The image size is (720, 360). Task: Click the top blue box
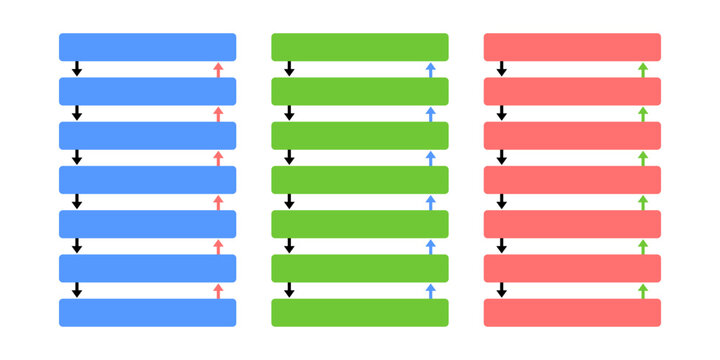[x=147, y=47]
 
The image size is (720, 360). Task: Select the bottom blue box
[x=147, y=312]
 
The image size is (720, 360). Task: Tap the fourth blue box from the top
[x=147, y=180]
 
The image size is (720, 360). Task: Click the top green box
[x=360, y=47]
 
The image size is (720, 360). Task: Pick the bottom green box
[x=360, y=312]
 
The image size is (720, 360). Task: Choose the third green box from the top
[x=360, y=135]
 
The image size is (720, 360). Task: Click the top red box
[x=572, y=47]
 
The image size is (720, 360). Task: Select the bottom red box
[x=572, y=312]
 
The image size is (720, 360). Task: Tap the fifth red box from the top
[x=572, y=224]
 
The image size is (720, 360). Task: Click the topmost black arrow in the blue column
[x=77, y=69]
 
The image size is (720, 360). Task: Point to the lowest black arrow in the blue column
[x=77, y=290]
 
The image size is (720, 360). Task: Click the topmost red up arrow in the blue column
[x=218, y=69]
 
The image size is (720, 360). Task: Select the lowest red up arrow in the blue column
[x=218, y=290]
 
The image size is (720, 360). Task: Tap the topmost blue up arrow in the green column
[x=431, y=69]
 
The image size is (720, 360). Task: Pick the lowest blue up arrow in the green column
[x=431, y=290]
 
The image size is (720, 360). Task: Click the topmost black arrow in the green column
[x=290, y=69]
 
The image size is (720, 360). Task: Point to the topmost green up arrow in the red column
[x=643, y=69]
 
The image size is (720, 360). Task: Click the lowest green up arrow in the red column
[x=643, y=290]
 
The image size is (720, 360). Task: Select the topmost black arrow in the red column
[x=502, y=69]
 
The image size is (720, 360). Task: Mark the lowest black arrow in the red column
[x=502, y=290]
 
